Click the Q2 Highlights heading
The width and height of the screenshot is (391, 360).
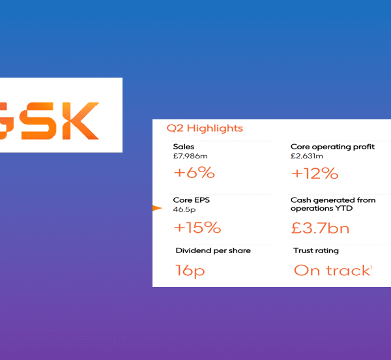point(205,128)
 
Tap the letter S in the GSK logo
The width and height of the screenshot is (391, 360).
point(45,121)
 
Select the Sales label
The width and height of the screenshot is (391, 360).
point(184,147)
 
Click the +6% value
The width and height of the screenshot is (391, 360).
point(194,173)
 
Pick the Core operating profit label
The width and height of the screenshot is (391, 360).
point(332,147)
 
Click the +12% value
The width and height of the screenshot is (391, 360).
point(314,173)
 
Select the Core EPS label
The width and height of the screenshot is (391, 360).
point(191,200)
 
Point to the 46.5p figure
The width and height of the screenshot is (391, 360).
point(184,210)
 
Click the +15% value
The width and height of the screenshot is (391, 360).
point(197,228)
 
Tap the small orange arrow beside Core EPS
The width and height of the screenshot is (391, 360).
point(156,208)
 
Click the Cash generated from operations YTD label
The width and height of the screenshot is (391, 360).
point(333,204)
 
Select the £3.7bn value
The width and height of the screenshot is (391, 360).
point(320,228)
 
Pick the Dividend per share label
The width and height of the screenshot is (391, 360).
point(213,250)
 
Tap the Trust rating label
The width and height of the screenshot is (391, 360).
point(316,250)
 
